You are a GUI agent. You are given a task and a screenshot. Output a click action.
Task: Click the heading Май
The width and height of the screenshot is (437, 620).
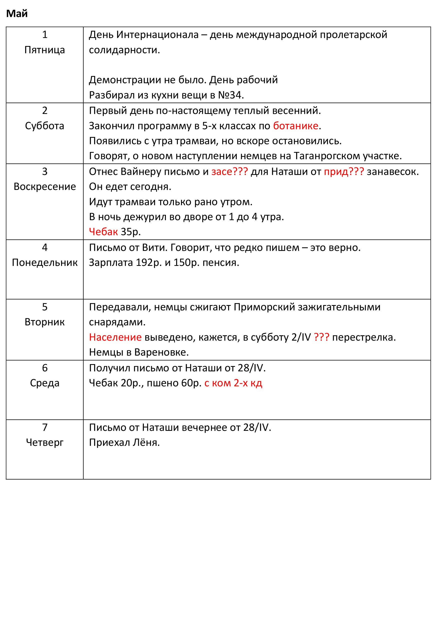tap(17, 13)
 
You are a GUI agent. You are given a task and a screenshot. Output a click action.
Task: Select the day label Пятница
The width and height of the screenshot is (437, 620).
tap(44, 50)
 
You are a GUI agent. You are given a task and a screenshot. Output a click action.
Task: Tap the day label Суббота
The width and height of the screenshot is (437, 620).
tap(44, 126)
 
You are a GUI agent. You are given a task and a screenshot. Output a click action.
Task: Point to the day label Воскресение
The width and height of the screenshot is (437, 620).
tap(45, 187)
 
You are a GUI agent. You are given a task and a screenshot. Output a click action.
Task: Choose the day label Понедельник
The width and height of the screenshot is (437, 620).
tap(45, 262)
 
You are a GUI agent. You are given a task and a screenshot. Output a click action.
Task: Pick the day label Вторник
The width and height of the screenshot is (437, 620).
tap(44, 322)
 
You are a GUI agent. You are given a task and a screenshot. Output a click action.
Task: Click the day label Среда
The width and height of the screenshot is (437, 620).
tap(44, 383)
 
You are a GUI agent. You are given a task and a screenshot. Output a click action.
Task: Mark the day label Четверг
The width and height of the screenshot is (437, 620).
tap(44, 442)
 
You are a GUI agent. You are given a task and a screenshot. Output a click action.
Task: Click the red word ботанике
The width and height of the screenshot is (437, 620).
tap(296, 126)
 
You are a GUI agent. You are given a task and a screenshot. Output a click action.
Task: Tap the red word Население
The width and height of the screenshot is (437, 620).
tap(115, 337)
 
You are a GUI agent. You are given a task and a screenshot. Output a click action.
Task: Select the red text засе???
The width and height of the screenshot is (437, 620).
tap(229, 172)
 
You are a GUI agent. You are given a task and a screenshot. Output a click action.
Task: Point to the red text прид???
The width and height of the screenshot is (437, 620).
tap(344, 172)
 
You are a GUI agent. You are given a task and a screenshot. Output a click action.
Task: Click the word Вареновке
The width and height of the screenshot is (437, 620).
tap(161, 352)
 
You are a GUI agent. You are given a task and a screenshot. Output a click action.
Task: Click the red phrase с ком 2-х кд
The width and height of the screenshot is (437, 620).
tap(233, 383)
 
